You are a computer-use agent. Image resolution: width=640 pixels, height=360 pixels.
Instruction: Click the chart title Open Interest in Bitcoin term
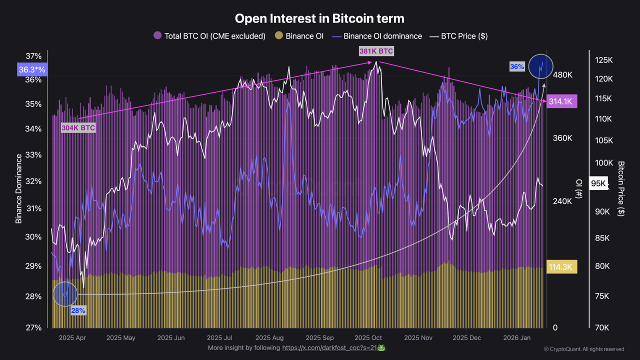click(319, 18)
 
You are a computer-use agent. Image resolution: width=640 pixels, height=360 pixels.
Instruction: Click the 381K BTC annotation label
click(376, 51)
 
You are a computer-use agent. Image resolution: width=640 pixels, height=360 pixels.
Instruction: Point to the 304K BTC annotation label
click(78, 128)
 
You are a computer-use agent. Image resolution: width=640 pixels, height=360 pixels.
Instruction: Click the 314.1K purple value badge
click(562, 101)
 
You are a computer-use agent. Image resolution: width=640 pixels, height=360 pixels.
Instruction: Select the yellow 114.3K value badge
click(562, 267)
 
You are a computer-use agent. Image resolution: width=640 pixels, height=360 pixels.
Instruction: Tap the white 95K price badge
click(598, 183)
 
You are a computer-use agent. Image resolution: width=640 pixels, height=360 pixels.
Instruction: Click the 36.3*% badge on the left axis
click(32, 70)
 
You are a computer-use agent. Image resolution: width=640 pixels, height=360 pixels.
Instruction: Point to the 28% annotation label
click(78, 310)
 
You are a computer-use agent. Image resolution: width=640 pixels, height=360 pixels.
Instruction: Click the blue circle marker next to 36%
click(540, 66)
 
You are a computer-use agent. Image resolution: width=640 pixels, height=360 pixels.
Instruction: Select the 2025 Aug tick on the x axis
click(269, 337)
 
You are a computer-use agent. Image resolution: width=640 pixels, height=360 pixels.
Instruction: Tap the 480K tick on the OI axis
click(562, 75)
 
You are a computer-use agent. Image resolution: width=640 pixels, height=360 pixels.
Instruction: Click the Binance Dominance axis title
click(19, 188)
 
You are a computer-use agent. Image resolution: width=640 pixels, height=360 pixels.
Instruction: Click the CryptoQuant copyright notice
click(583, 349)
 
